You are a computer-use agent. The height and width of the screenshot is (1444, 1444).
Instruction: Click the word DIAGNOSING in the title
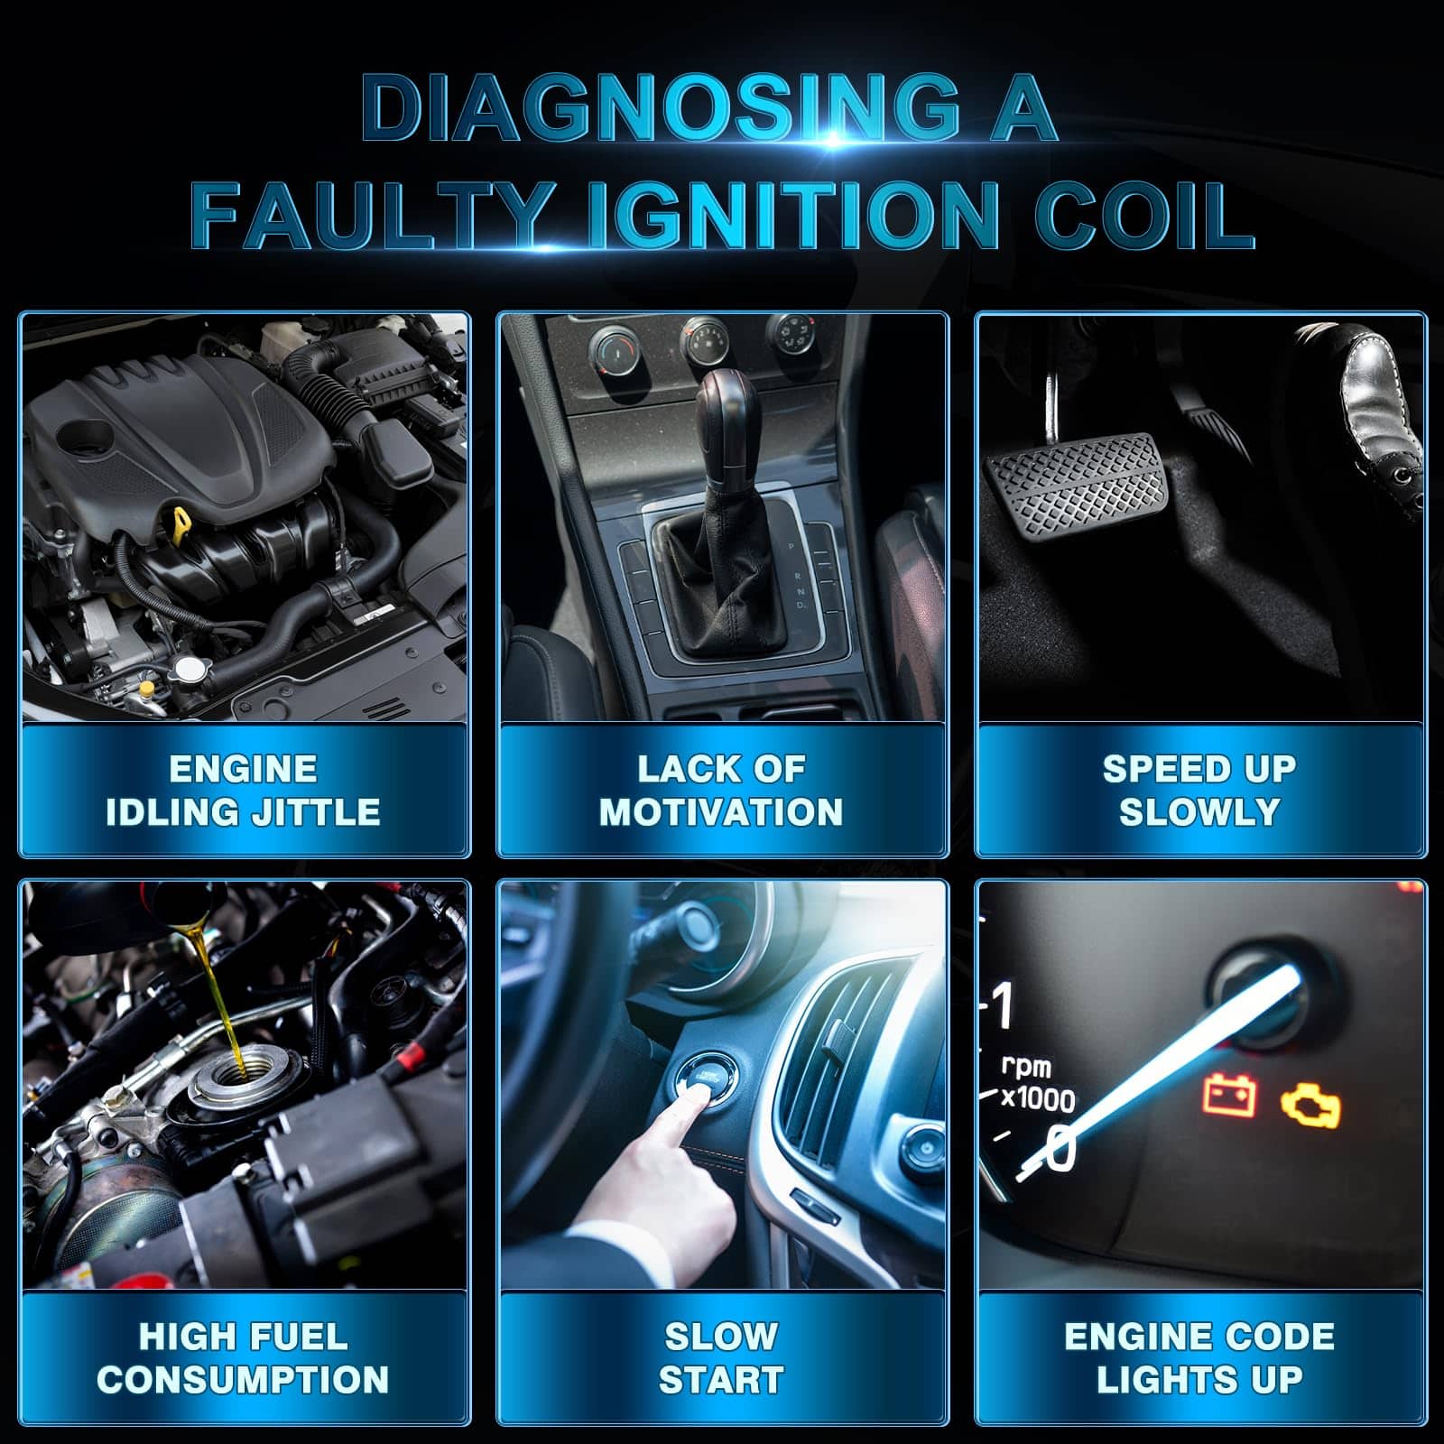660,107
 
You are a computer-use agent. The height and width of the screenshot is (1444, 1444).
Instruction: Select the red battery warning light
1230,1096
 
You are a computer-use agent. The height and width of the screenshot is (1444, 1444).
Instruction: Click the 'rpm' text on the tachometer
1027,1068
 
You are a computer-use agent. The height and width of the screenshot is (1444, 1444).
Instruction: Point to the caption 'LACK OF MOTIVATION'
721,791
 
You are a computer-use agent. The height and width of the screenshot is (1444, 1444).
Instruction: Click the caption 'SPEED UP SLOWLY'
1199,791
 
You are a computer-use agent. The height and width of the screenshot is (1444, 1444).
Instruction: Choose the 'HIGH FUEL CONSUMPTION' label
243,1358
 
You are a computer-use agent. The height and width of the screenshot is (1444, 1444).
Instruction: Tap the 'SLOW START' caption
721,1358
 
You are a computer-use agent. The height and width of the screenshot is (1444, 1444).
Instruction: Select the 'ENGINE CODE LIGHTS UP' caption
1199,1358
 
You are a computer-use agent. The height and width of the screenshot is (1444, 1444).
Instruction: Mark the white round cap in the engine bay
191,668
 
